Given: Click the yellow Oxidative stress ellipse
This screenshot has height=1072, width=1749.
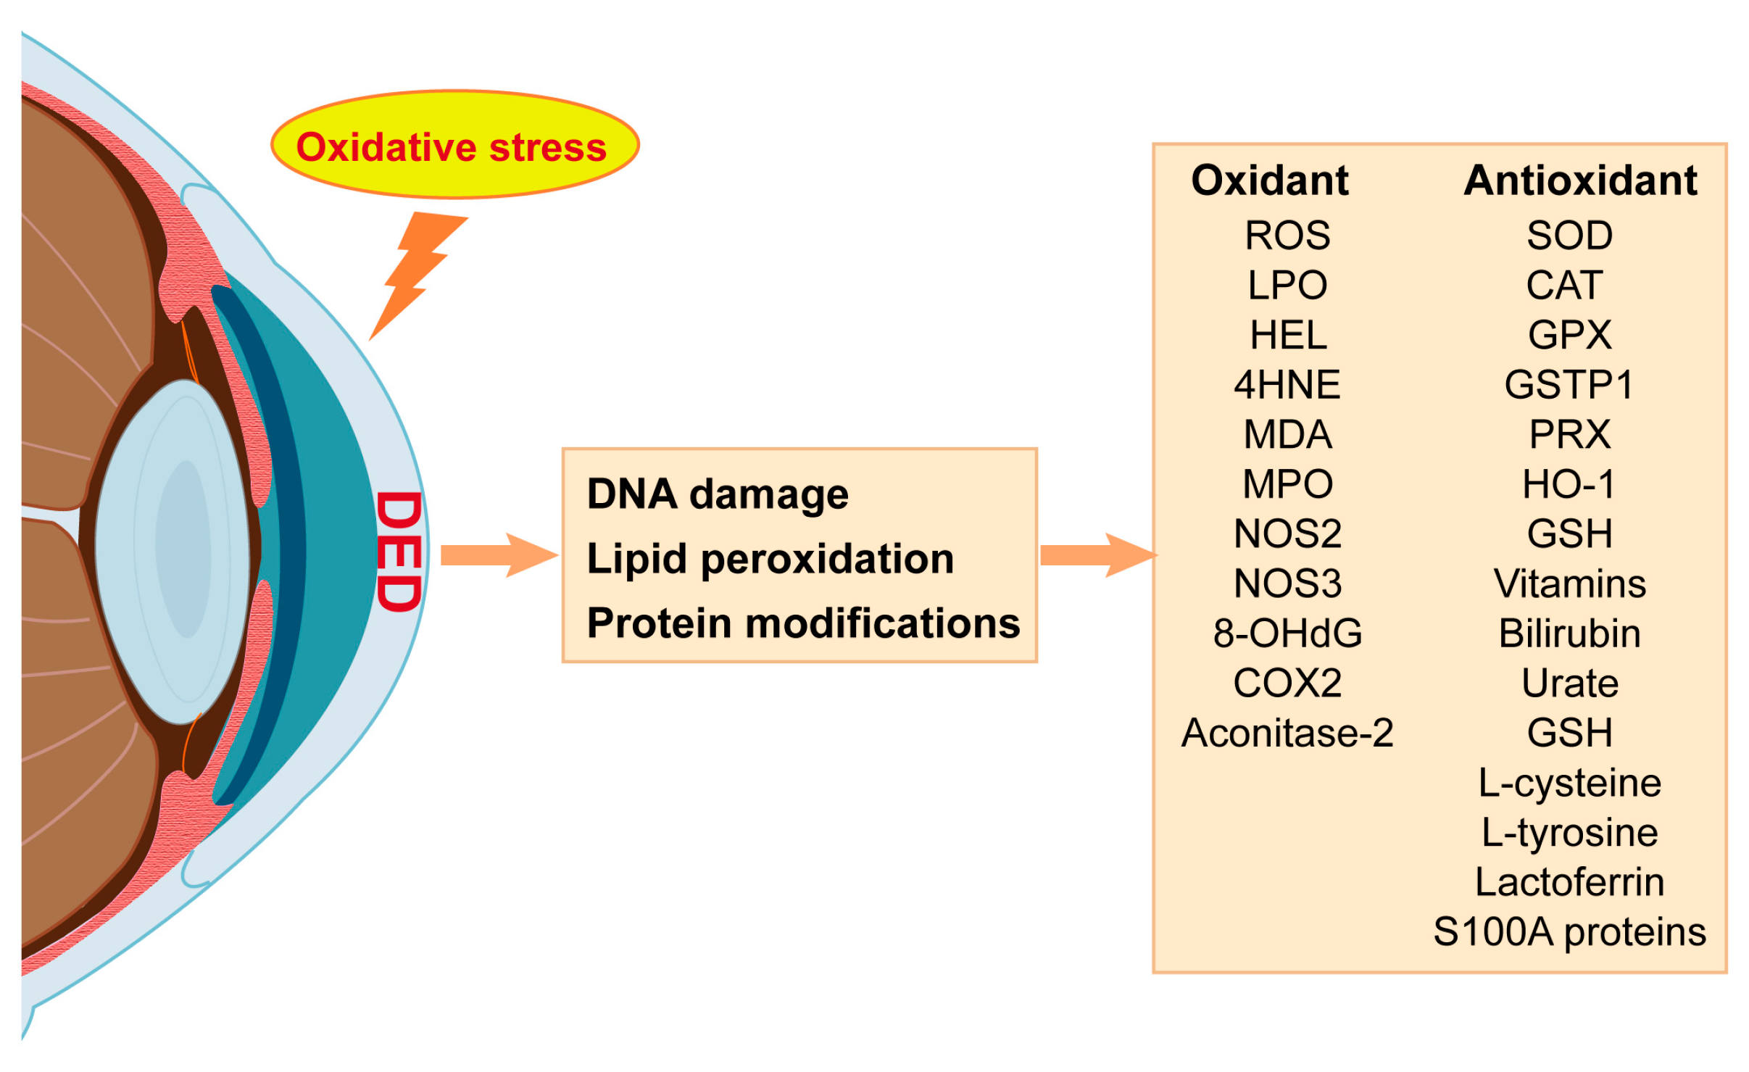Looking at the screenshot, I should pyautogui.click(x=454, y=145).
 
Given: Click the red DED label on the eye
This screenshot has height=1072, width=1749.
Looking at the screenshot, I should pyautogui.click(x=399, y=552).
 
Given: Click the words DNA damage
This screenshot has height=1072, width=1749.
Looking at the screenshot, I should pyautogui.click(x=717, y=494).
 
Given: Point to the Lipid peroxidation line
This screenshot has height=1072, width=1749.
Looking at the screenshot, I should pyautogui.click(x=770, y=559).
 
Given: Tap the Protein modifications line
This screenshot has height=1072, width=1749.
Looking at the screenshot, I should pyautogui.click(x=803, y=623).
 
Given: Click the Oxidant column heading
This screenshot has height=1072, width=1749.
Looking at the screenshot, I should pyautogui.click(x=1269, y=180).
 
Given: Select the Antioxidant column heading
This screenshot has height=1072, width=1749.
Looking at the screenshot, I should pyautogui.click(x=1580, y=180).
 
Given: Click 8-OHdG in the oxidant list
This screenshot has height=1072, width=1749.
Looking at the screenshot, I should pyautogui.click(x=1287, y=633).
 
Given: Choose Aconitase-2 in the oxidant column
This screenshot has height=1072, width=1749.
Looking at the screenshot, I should pyautogui.click(x=1287, y=733).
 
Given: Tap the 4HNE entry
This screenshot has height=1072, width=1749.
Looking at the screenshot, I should pyautogui.click(x=1287, y=384).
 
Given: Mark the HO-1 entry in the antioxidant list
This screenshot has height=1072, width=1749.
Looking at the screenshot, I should pyautogui.click(x=1569, y=483).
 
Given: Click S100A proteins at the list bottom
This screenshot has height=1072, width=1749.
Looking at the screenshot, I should pyautogui.click(x=1569, y=932).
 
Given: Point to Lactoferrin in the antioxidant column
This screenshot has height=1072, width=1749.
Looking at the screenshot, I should pyautogui.click(x=1569, y=882).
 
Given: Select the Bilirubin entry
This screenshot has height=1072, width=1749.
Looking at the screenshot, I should pyautogui.click(x=1569, y=633).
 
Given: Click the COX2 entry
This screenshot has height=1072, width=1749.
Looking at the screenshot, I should pyautogui.click(x=1287, y=683).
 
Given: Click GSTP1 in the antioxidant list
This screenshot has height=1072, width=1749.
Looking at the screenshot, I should pyautogui.click(x=1569, y=384).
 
